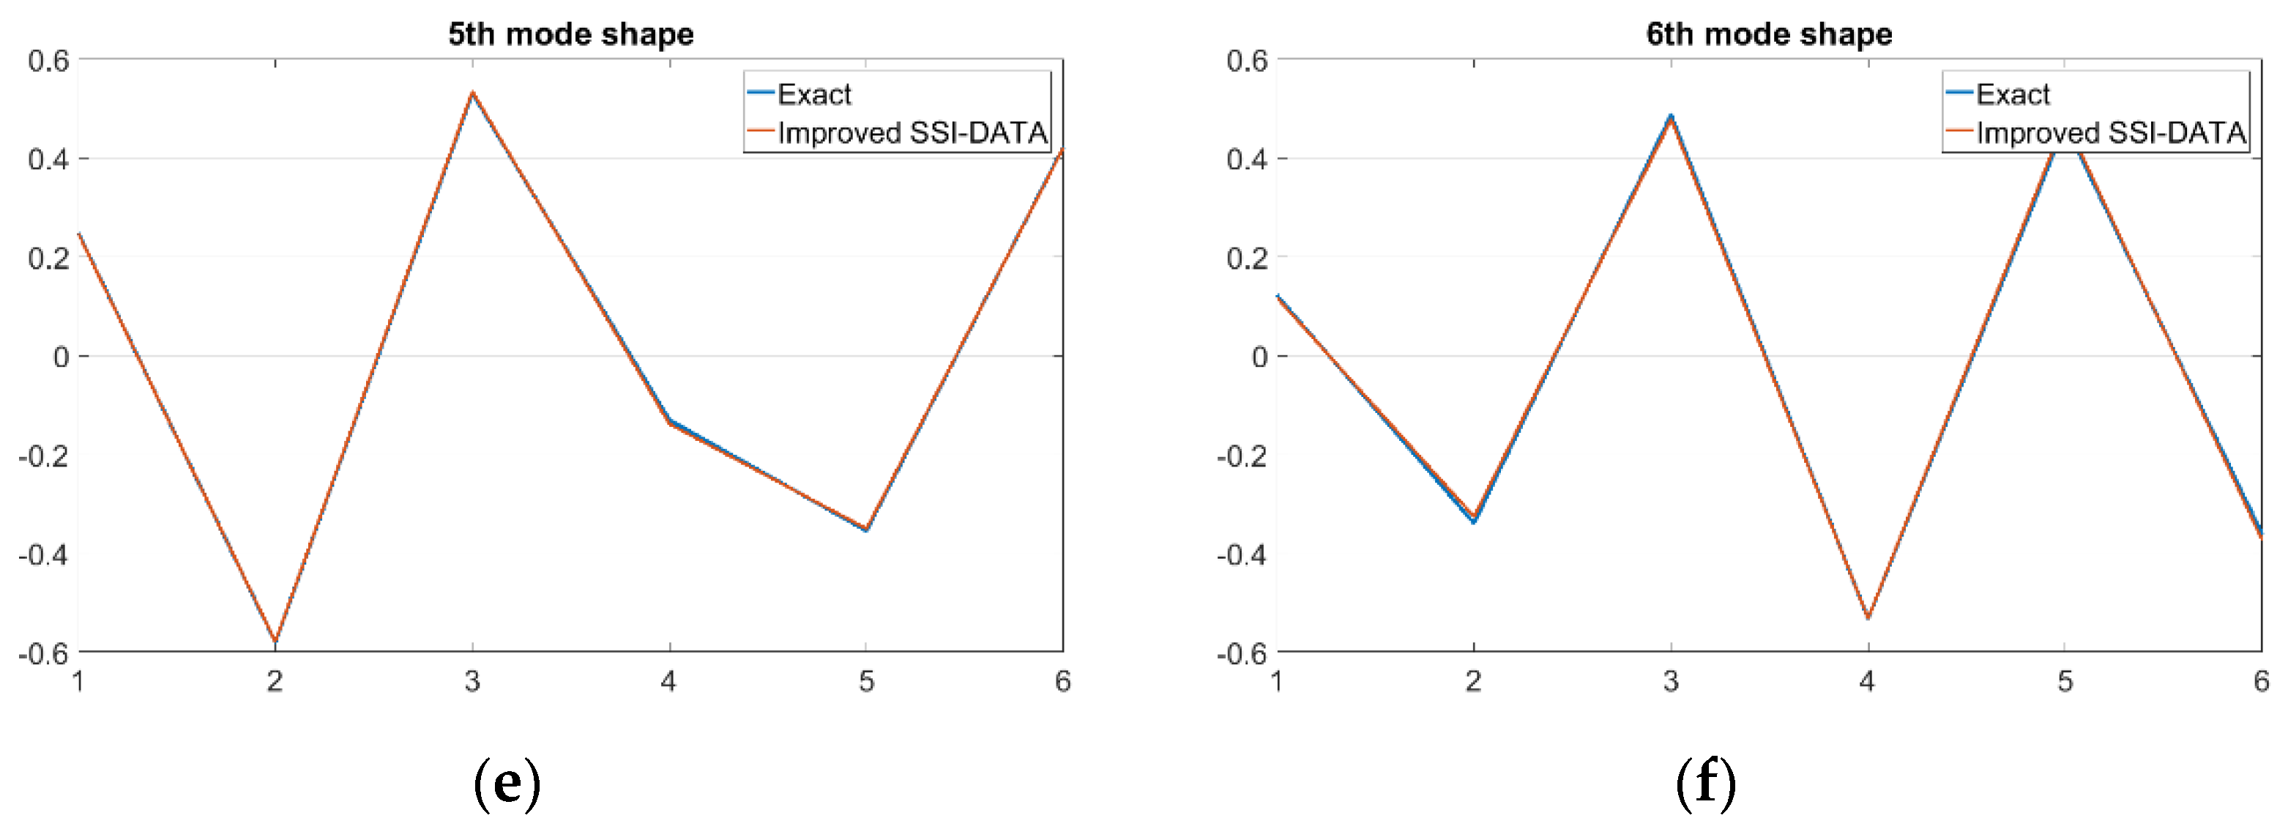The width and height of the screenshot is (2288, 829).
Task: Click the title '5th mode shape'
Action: (570, 34)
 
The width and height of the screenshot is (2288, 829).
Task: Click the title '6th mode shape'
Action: (1768, 34)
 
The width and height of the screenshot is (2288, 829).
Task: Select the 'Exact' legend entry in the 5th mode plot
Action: (813, 94)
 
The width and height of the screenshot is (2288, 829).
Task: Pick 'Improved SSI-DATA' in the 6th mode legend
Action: (2110, 133)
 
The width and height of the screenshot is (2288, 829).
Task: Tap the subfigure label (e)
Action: (506, 783)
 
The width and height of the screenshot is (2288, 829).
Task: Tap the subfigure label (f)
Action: (1705, 783)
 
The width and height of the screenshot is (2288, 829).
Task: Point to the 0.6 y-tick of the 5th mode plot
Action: (48, 62)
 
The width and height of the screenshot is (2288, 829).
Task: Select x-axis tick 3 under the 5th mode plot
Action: (472, 682)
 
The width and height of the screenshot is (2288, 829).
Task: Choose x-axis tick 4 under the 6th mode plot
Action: (1867, 682)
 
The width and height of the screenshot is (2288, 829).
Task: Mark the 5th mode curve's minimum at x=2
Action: (275, 640)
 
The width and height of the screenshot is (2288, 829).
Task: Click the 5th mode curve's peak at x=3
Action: (472, 92)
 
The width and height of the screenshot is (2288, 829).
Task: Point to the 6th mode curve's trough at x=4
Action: (1868, 617)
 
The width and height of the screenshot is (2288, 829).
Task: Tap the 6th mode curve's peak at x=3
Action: (1671, 117)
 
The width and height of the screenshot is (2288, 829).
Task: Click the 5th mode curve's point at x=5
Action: (866, 529)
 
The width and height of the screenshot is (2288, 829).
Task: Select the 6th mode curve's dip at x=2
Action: (1474, 519)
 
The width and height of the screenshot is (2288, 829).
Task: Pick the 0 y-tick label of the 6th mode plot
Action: (1259, 357)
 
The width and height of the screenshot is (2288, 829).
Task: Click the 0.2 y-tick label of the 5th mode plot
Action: (48, 259)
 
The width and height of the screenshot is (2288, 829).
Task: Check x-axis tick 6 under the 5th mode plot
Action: (1062, 682)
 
